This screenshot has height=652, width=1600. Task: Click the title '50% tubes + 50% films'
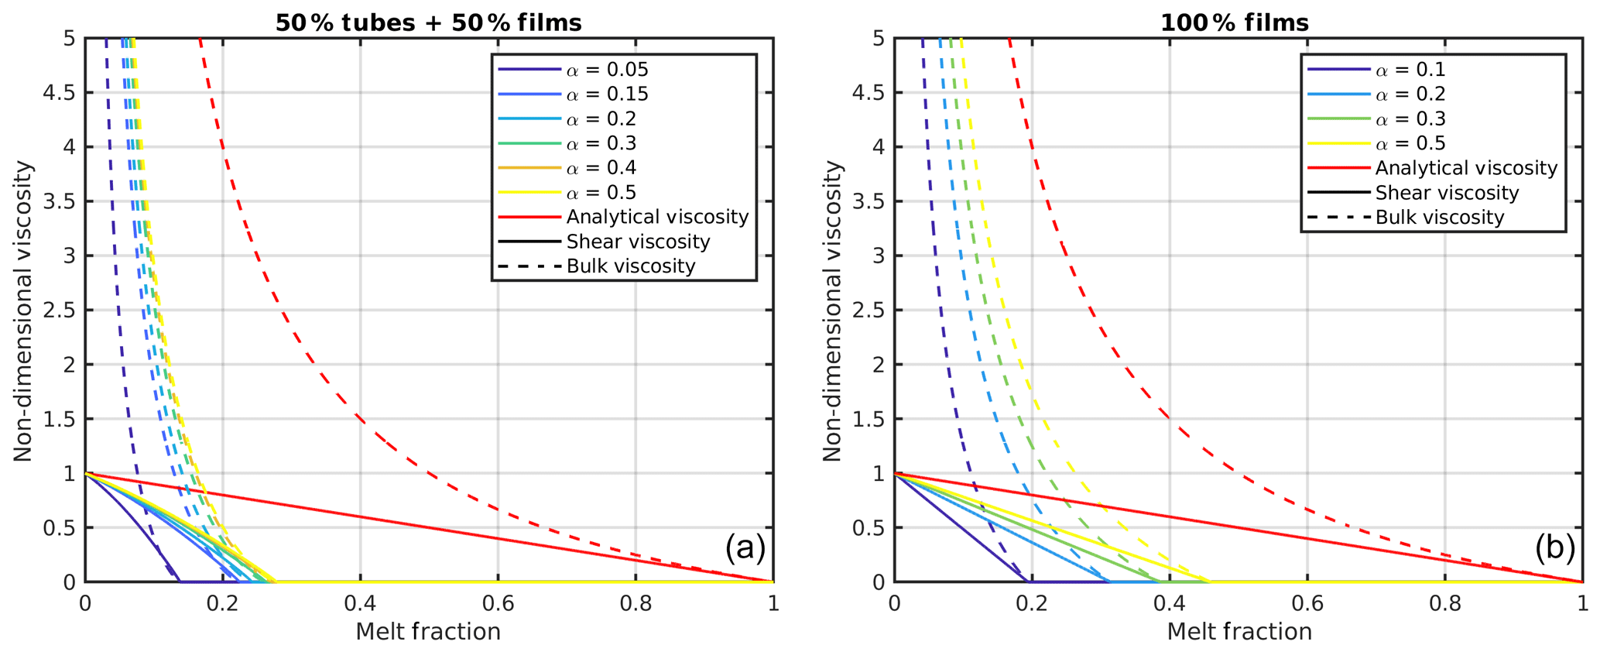428,22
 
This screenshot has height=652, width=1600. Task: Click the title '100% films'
1234,22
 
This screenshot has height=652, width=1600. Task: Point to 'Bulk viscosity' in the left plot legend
630,266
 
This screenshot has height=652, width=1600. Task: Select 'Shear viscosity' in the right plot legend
1447,193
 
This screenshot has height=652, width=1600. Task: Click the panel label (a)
745,547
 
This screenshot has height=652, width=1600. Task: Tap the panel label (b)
1555,547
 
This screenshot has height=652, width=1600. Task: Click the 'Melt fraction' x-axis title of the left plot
428,632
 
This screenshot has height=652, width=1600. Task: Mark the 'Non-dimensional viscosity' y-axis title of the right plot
832,311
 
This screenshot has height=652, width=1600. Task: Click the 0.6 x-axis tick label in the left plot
498,603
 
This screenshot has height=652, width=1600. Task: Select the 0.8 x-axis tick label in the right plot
1444,603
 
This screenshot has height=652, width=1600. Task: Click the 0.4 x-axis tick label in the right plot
1169,603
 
